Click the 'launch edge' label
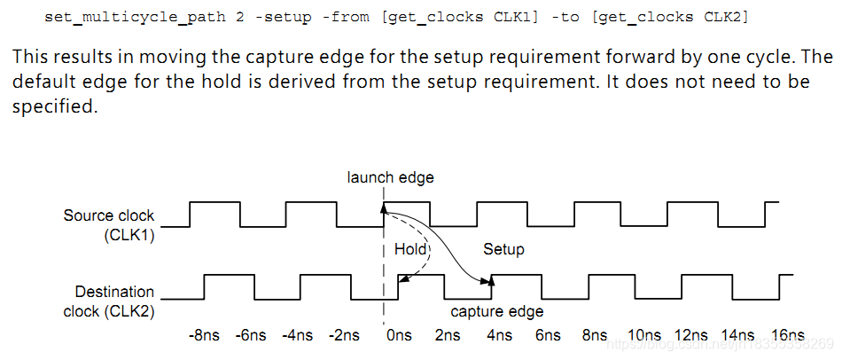(x=390, y=177)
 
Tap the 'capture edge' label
(x=496, y=311)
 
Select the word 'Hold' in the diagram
(x=410, y=249)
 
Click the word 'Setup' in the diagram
(x=503, y=249)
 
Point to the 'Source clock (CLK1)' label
(x=108, y=224)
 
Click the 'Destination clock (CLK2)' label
(x=108, y=301)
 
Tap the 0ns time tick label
(x=400, y=335)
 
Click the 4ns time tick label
(x=498, y=335)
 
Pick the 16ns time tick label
(x=786, y=335)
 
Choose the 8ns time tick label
(x=596, y=335)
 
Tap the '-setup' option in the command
(x=269, y=17)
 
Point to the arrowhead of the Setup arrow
(x=489, y=281)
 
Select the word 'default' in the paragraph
(x=41, y=82)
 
